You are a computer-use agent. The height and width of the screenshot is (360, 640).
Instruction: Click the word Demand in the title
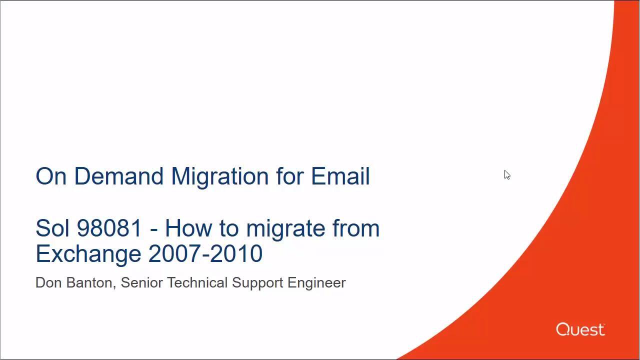pyautogui.click(x=119, y=176)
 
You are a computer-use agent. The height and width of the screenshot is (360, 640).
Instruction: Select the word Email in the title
pyautogui.click(x=340, y=176)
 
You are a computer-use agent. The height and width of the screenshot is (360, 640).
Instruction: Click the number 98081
pyautogui.click(x=109, y=228)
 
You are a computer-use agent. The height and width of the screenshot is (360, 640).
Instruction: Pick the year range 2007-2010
pyautogui.click(x=205, y=253)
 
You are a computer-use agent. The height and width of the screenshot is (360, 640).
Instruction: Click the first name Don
pyautogui.click(x=48, y=283)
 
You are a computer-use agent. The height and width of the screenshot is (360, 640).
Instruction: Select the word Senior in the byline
pyautogui.click(x=141, y=283)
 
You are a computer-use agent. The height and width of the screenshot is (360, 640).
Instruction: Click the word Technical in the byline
pyautogui.click(x=197, y=283)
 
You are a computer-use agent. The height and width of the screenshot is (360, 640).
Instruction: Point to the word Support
pyautogui.click(x=257, y=284)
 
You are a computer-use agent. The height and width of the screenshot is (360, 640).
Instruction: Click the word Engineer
pyautogui.click(x=316, y=284)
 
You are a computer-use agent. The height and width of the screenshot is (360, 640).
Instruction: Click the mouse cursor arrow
pyautogui.click(x=507, y=174)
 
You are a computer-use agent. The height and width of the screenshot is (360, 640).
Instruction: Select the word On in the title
pyautogui.click(x=51, y=176)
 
